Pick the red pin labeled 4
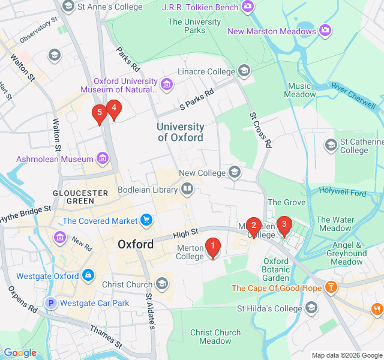pyautogui.click(x=113, y=109)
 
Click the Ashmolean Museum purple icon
pyautogui.click(x=103, y=159)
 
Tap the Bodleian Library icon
pyautogui.click(x=188, y=190)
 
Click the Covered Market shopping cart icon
pyautogui.click(x=146, y=220)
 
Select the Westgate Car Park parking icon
pyautogui.click(x=52, y=303)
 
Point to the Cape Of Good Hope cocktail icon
pyautogui.click(x=330, y=288)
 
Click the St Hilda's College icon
pyautogui.click(x=311, y=308)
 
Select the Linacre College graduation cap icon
pyautogui.click(x=244, y=72)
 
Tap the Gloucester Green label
pyautogui.click(x=80, y=197)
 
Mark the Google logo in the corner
pyautogui.click(x=20, y=353)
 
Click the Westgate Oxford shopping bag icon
pyautogui.click(x=88, y=276)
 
